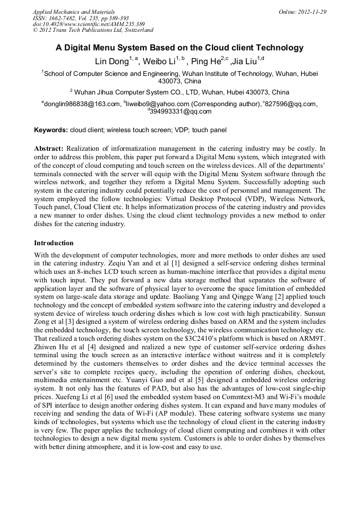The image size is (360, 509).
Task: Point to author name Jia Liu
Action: coord(244,61)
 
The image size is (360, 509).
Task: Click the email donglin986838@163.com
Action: coord(82,104)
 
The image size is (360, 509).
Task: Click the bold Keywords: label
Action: coord(51,130)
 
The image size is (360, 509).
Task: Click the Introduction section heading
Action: coord(54,243)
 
